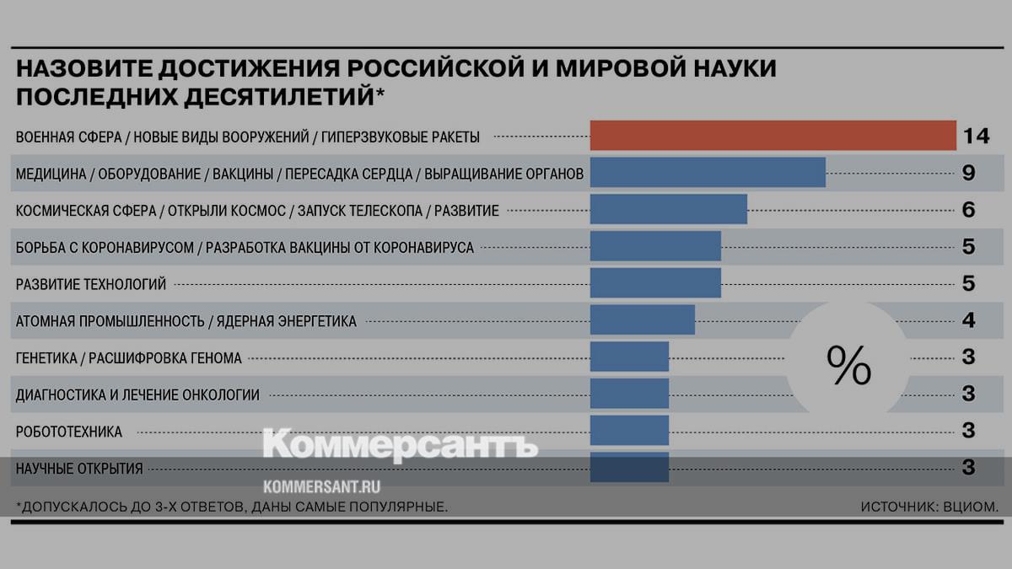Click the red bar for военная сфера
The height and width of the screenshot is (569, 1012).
tap(772, 136)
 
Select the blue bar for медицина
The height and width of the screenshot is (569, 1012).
tap(708, 173)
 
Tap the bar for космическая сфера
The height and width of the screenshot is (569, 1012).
tap(668, 210)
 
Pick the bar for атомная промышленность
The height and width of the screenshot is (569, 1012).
tap(642, 320)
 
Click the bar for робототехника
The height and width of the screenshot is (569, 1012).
tap(629, 431)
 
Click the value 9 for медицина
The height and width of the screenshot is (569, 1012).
tap(968, 173)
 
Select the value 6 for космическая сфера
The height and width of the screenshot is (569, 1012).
tap(968, 210)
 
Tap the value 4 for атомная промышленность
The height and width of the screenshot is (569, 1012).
tap(968, 320)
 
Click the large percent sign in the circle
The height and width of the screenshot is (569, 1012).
tap(848, 364)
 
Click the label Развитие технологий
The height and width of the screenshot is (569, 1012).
tap(91, 284)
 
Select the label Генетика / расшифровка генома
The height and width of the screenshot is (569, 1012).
tap(129, 358)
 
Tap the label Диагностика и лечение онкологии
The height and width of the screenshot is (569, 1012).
tap(137, 395)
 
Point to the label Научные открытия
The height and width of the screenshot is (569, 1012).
tap(79, 468)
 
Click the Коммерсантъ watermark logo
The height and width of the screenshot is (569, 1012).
tap(400, 444)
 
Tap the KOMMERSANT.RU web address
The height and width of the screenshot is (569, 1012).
tap(322, 486)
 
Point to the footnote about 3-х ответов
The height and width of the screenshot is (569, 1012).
tap(231, 507)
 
